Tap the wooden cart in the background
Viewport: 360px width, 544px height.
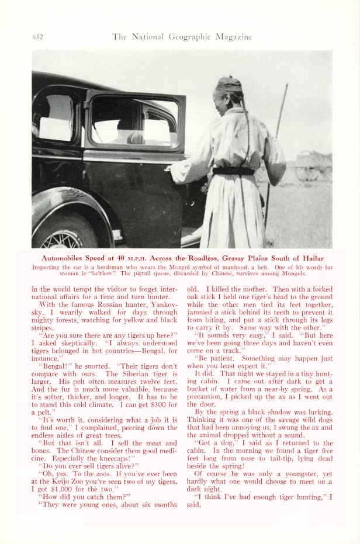tap(313, 166)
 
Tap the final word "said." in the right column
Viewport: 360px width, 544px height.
tap(195, 505)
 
